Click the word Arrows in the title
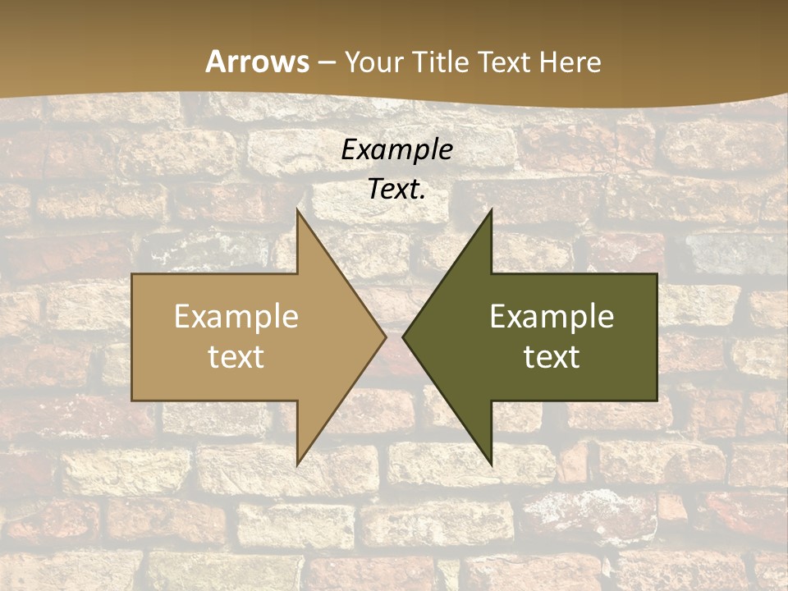pyautogui.click(x=257, y=62)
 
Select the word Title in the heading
pyautogui.click(x=445, y=62)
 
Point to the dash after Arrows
pyautogui.click(x=327, y=62)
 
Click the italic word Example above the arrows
pyautogui.click(x=396, y=149)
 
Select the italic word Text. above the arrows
pyautogui.click(x=396, y=189)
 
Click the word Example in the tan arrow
pyautogui.click(x=236, y=317)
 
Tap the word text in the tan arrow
pyautogui.click(x=236, y=356)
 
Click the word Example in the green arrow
pyautogui.click(x=552, y=317)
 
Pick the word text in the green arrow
pyautogui.click(x=552, y=356)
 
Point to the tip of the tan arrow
pyautogui.click(x=385, y=337)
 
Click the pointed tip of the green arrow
pyautogui.click(x=403, y=337)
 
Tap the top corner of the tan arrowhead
pyautogui.click(x=297, y=210)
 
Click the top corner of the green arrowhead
pyautogui.click(x=491, y=210)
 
